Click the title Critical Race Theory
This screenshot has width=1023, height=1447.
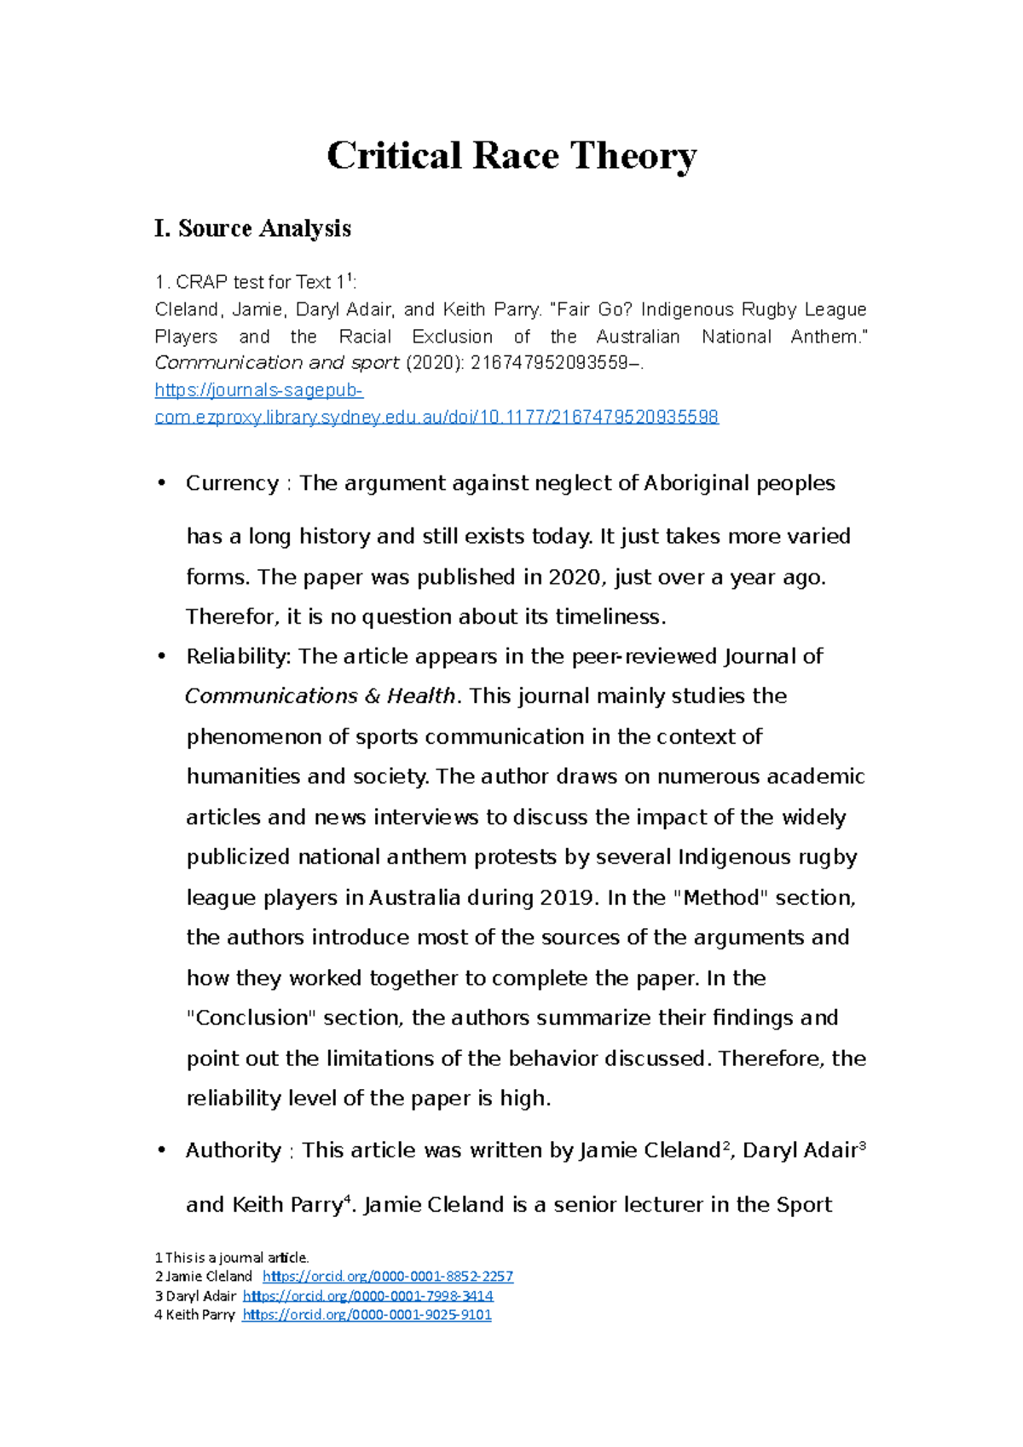(511, 156)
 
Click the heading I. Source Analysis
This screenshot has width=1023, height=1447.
(252, 228)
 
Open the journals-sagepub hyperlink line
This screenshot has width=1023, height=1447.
(258, 390)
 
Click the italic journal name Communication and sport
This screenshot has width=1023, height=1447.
(276, 363)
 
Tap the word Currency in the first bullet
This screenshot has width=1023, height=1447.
(232, 483)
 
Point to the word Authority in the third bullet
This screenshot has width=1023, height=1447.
(234, 1150)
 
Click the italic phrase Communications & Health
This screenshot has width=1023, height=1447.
(321, 696)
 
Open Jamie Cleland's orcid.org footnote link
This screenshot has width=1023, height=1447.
(387, 1277)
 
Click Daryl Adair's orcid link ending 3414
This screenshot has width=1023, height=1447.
(367, 1295)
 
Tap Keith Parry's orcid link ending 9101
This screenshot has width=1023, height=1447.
(367, 1315)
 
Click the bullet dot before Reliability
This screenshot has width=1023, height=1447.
(160, 656)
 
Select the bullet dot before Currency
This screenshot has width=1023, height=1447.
(160, 483)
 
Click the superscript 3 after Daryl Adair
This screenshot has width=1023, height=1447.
(862, 1146)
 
